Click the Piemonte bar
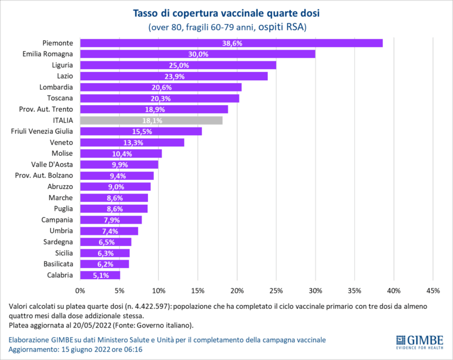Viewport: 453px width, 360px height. tap(231, 43)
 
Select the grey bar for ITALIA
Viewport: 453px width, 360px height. tap(151, 120)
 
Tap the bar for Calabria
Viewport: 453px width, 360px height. tap(100, 275)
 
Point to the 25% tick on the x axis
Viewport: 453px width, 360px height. tap(276, 290)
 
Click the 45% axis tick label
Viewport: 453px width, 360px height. tap(432, 290)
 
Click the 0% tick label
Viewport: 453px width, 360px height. tap(80, 290)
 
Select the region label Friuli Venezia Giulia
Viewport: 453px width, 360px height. tap(42, 131)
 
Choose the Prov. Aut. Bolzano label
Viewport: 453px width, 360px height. tap(44, 175)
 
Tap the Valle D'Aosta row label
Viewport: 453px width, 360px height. tap(52, 164)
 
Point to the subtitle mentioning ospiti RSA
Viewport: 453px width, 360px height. tap(227, 27)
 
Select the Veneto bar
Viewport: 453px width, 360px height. tap(132, 142)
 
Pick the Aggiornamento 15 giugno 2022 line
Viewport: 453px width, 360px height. tap(75, 350)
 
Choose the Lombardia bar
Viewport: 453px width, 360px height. tap(160, 87)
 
